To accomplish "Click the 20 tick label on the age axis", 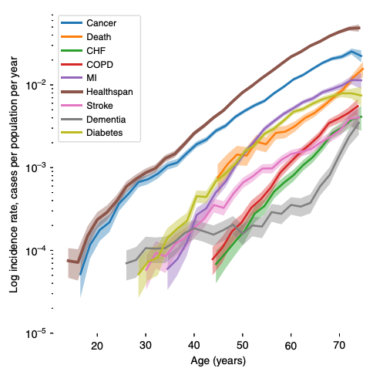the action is tap(97, 346).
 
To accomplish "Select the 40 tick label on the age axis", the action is tap(194, 346).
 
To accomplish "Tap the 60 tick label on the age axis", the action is tap(291, 346).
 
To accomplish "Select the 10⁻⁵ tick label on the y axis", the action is tap(35, 333).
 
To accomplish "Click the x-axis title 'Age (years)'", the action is tap(218, 361).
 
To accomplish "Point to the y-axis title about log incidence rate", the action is tap(14, 174).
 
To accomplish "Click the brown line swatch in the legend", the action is tap(72, 92).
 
